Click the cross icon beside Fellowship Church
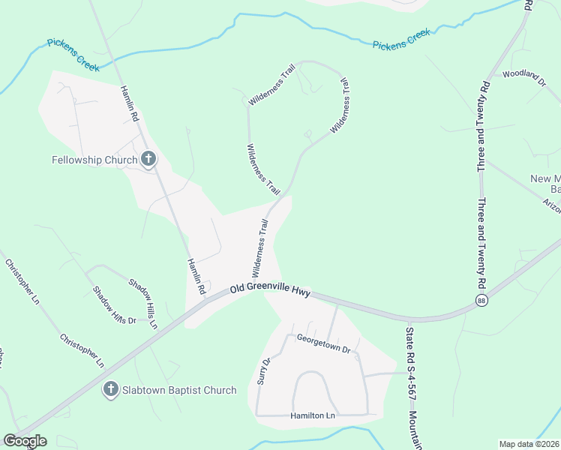tap(148, 159)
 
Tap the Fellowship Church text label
tap(94, 160)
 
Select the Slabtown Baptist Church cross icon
tap(110, 389)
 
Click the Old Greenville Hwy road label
tap(270, 288)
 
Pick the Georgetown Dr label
tap(323, 343)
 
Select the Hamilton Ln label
tap(313, 415)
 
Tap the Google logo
tap(24, 441)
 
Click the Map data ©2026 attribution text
tap(529, 444)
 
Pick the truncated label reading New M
tap(545, 178)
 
